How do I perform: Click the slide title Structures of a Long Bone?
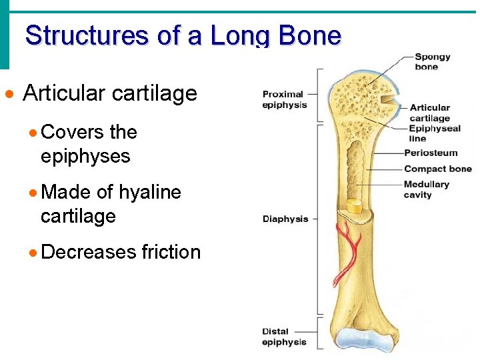point(183,35)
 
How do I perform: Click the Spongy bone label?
point(432,61)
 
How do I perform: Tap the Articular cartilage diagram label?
point(429,113)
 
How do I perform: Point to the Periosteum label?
point(431,153)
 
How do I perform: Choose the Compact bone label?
point(437,169)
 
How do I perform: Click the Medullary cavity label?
point(426,189)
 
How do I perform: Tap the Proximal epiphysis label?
point(284,99)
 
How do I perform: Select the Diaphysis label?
point(285,219)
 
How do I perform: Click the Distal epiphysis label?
point(284,337)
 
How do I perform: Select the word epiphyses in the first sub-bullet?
point(85,157)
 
